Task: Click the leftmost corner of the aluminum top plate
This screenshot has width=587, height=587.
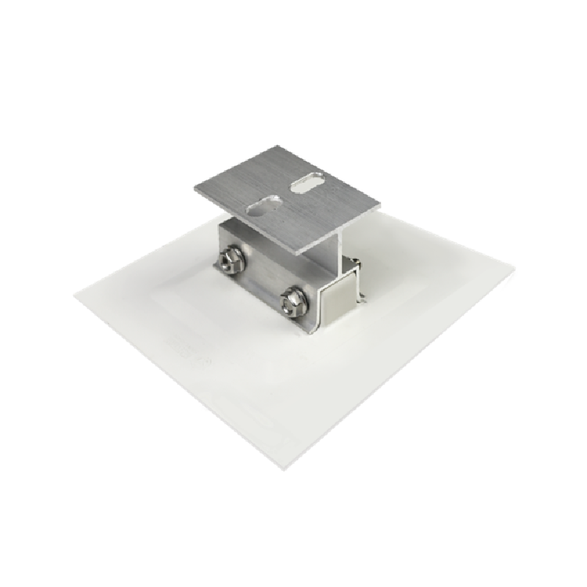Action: click(x=196, y=189)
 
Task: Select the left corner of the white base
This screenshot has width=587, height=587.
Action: click(x=76, y=296)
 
